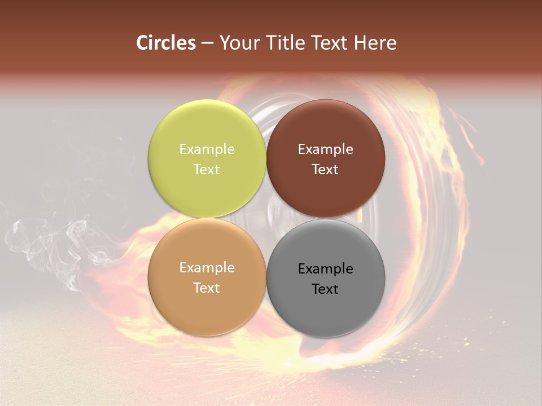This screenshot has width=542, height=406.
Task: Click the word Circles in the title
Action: (166, 43)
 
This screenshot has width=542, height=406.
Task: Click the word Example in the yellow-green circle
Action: (207, 149)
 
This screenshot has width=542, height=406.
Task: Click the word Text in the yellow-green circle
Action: (207, 170)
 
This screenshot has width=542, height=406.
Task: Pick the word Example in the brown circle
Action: (326, 149)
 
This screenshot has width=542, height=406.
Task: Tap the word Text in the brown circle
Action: (326, 170)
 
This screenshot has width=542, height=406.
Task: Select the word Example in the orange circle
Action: (207, 268)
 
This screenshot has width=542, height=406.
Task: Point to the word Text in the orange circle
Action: (207, 288)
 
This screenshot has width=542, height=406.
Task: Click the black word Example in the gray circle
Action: (326, 269)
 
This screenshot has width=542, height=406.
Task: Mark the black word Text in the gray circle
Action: (326, 289)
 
